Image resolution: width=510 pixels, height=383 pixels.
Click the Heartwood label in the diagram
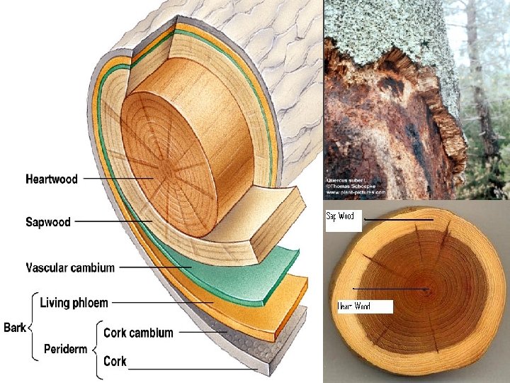coord(52,179)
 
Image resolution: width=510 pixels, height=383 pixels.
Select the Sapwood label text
coord(48,222)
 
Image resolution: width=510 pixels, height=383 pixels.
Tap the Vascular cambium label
coord(70,267)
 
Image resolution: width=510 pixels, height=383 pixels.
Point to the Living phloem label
coord(74,303)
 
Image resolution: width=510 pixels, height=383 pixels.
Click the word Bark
coord(15,327)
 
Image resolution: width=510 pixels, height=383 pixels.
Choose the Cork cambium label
coord(138,332)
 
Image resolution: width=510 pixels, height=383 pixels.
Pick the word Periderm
coord(66,349)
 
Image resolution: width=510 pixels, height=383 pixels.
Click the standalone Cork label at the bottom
coord(115,361)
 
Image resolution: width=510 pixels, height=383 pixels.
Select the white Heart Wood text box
coord(364,306)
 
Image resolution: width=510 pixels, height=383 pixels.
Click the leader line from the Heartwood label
coord(117,179)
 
